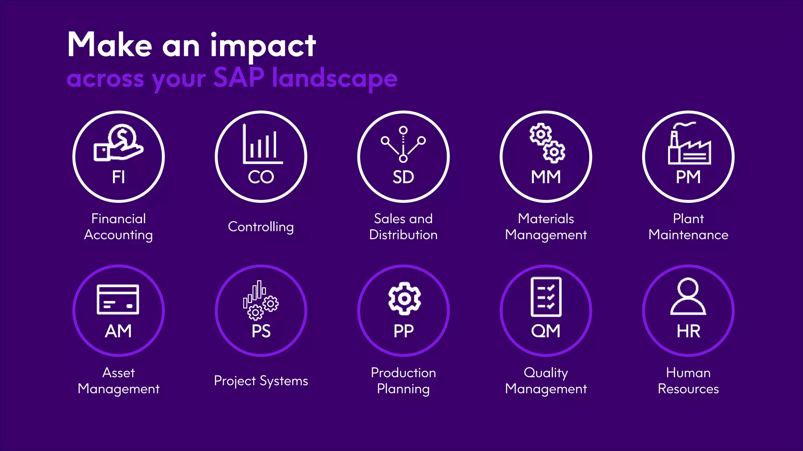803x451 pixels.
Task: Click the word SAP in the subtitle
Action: pos(239,77)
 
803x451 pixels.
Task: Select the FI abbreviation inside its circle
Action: pos(118,177)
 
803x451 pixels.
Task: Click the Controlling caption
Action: pos(261,227)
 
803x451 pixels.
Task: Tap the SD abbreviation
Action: pos(403,177)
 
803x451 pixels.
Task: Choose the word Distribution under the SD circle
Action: pos(403,235)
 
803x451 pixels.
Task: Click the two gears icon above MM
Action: pos(547,143)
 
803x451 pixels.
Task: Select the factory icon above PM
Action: pos(689,144)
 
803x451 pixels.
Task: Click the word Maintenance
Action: pos(688,235)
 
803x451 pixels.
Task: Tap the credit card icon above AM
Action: pos(118,299)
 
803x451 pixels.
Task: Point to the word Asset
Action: pos(118,373)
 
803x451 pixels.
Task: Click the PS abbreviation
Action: pos(261,331)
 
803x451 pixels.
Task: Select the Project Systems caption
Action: pos(261,381)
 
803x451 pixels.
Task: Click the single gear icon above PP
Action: pos(404,299)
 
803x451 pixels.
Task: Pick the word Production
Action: pos(403,373)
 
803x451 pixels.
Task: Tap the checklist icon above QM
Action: pos(546,297)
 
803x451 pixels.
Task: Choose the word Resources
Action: pos(688,389)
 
